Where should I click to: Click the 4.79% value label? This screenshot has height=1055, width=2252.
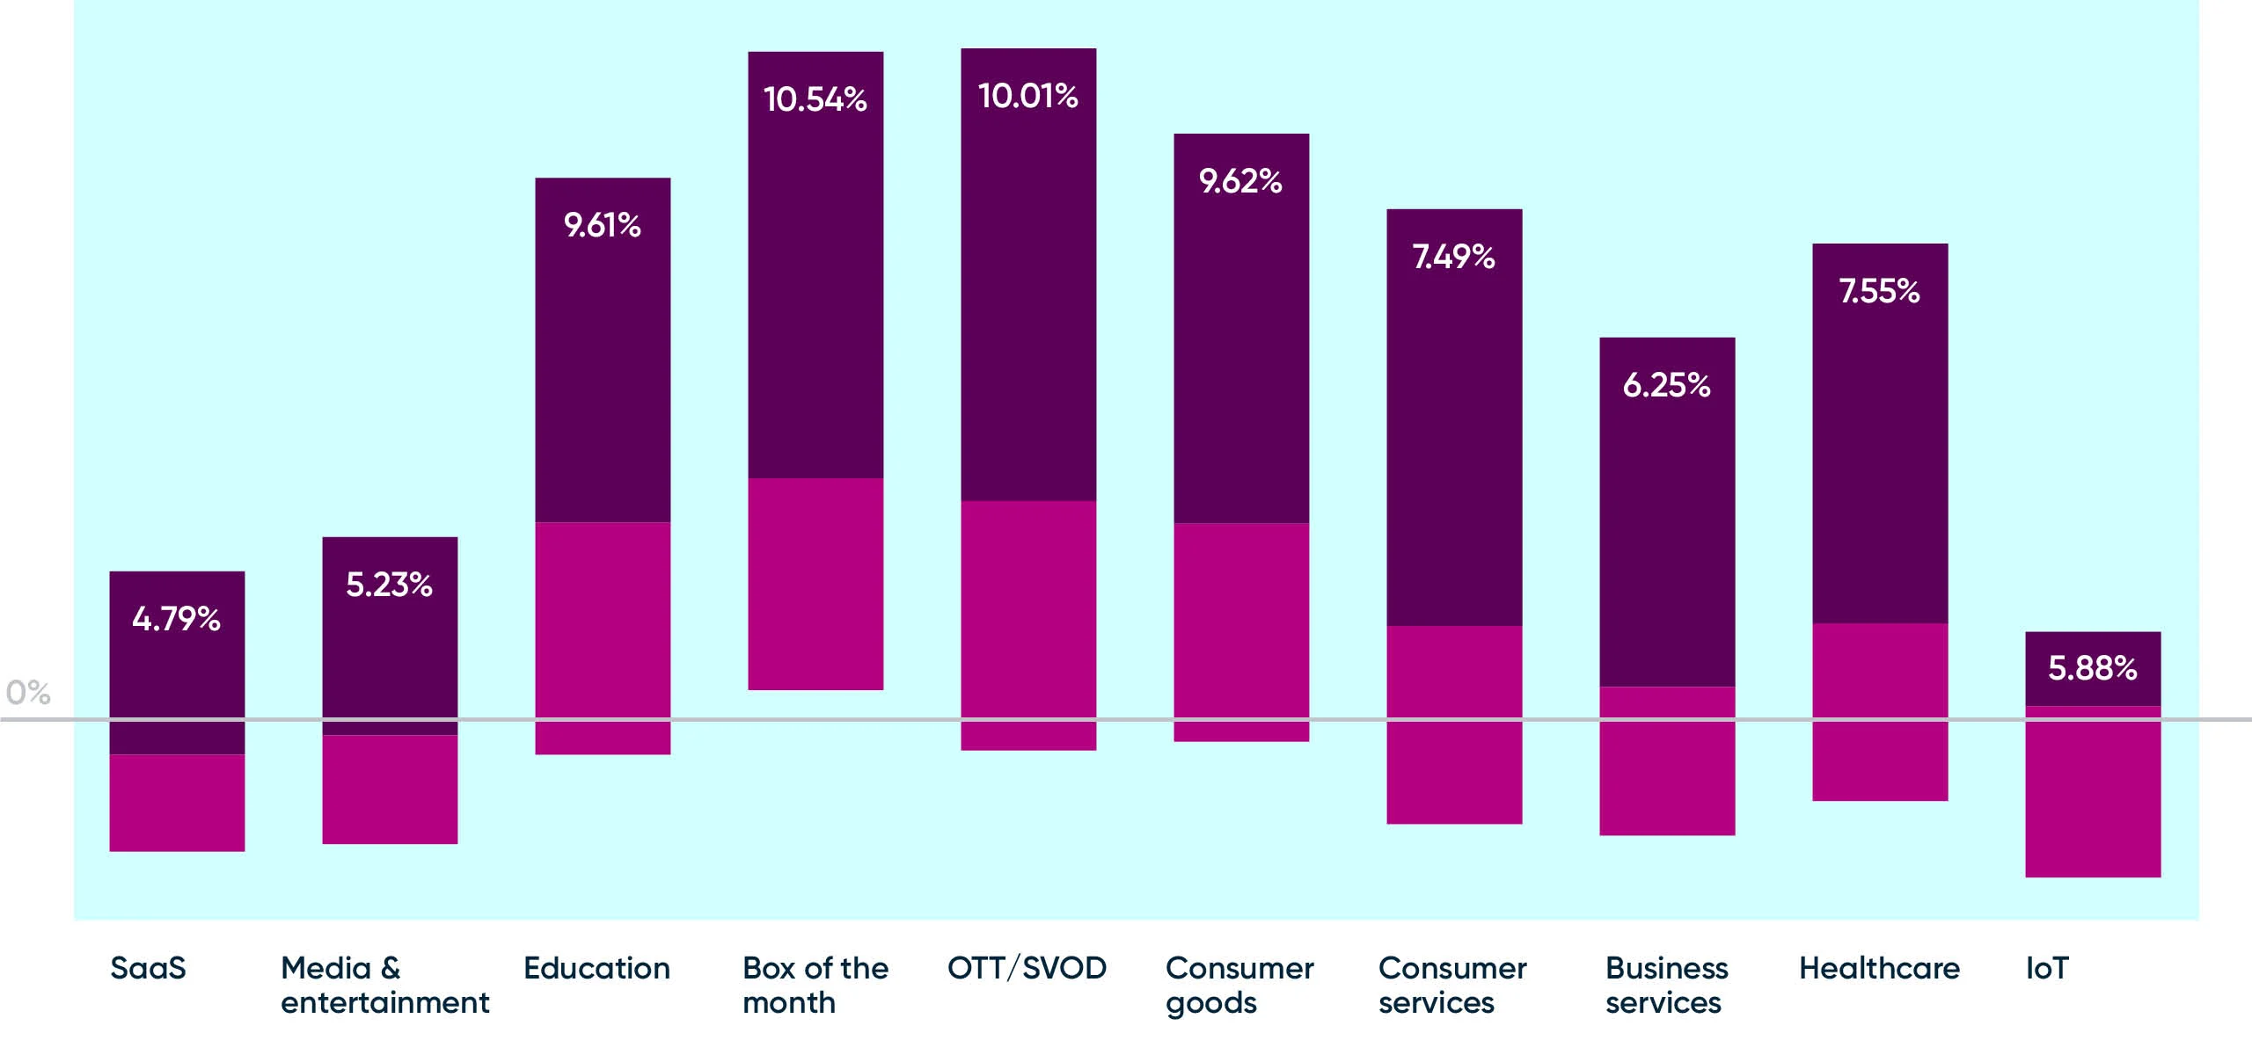pos(176,619)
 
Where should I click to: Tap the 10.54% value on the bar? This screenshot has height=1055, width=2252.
pos(815,99)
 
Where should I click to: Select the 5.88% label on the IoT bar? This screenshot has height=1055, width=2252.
pos(2092,668)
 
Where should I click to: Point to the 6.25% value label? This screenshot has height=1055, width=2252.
pos(1666,385)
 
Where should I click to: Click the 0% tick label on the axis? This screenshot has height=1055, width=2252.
pos(27,693)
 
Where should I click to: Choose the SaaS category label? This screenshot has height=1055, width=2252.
pos(148,968)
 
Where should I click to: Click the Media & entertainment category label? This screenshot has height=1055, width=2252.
pos(384,985)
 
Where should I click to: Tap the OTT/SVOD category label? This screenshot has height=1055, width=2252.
pos(1027,968)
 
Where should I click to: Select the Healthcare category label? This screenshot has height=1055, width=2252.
pos(1879,968)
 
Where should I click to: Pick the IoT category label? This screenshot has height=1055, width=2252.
pos(2047,968)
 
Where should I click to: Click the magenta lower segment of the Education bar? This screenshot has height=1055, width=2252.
pos(603,637)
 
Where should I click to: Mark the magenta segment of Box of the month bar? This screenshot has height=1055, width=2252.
pos(815,584)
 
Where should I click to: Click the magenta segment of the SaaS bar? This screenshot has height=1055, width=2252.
pos(177,803)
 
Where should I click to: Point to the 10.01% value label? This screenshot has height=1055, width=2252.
pos(1027,96)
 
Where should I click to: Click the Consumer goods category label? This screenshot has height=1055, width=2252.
pos(1239,985)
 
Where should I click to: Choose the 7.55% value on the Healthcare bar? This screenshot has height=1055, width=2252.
pos(1879,291)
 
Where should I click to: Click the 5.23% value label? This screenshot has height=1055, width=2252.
pos(389,585)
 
